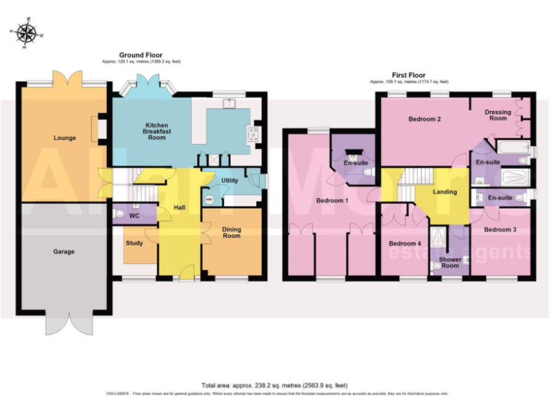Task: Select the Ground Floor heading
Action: [140, 55]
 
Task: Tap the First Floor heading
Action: [408, 75]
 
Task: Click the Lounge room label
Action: [65, 138]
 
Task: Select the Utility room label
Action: [230, 181]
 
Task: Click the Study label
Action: [134, 243]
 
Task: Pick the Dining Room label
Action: [231, 232]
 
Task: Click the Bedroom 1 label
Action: [331, 201]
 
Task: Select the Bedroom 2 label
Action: [424, 119]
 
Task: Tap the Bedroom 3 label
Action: [499, 229]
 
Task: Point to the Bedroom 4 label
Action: [405, 243]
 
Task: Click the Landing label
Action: [445, 191]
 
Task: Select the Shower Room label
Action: [450, 262]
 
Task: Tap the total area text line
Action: [275, 385]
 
